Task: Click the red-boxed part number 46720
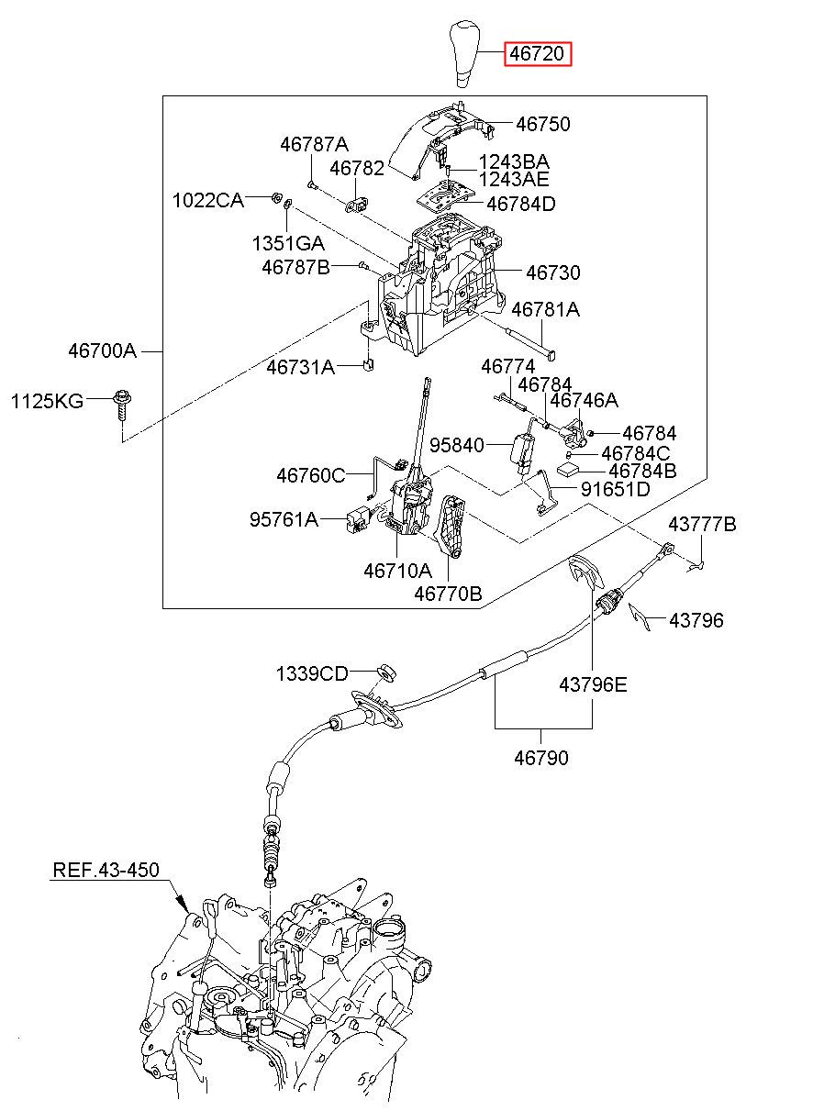pyautogui.click(x=538, y=53)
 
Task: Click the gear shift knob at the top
pyautogui.click(x=465, y=54)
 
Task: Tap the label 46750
pyautogui.click(x=542, y=124)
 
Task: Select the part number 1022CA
pyautogui.click(x=208, y=200)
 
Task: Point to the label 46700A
pyautogui.click(x=102, y=351)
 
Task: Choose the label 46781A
pyautogui.click(x=545, y=309)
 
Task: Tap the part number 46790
pyautogui.click(x=540, y=758)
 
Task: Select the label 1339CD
pyautogui.click(x=312, y=673)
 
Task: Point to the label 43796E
pyautogui.click(x=593, y=685)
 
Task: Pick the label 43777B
pyautogui.click(x=702, y=524)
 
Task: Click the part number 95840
pyautogui.click(x=456, y=445)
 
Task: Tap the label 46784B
pyautogui.click(x=642, y=471)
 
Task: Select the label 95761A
pyautogui.click(x=284, y=519)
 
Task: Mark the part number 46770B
pyautogui.click(x=448, y=594)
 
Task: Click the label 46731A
pyautogui.click(x=301, y=368)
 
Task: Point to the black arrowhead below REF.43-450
pyautogui.click(x=184, y=904)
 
